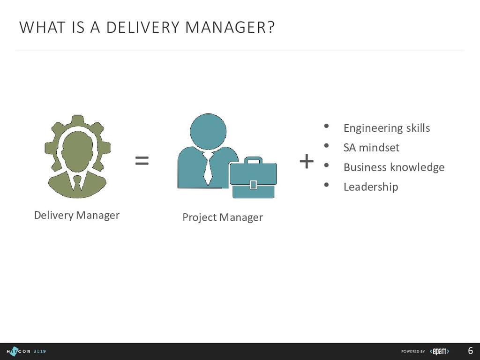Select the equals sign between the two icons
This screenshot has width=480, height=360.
tap(142, 161)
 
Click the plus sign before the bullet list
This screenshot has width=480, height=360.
tap(306, 162)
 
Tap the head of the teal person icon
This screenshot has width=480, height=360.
tap(208, 131)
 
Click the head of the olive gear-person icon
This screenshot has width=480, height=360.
tap(77, 150)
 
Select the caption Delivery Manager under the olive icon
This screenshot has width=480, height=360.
tap(77, 215)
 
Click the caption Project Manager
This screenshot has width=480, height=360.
tap(223, 217)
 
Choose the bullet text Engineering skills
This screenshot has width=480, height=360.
tap(387, 128)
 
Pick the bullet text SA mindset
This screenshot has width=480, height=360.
tap(371, 148)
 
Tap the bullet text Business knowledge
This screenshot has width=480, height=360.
tap(394, 167)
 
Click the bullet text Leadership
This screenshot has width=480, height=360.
tap(371, 187)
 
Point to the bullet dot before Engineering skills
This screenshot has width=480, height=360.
tap(327, 126)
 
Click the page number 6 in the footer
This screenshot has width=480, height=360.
tap(470, 351)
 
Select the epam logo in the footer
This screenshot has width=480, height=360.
tap(440, 351)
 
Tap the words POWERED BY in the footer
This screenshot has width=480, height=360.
tap(413, 352)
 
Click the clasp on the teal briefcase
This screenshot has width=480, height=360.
tap(253, 184)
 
